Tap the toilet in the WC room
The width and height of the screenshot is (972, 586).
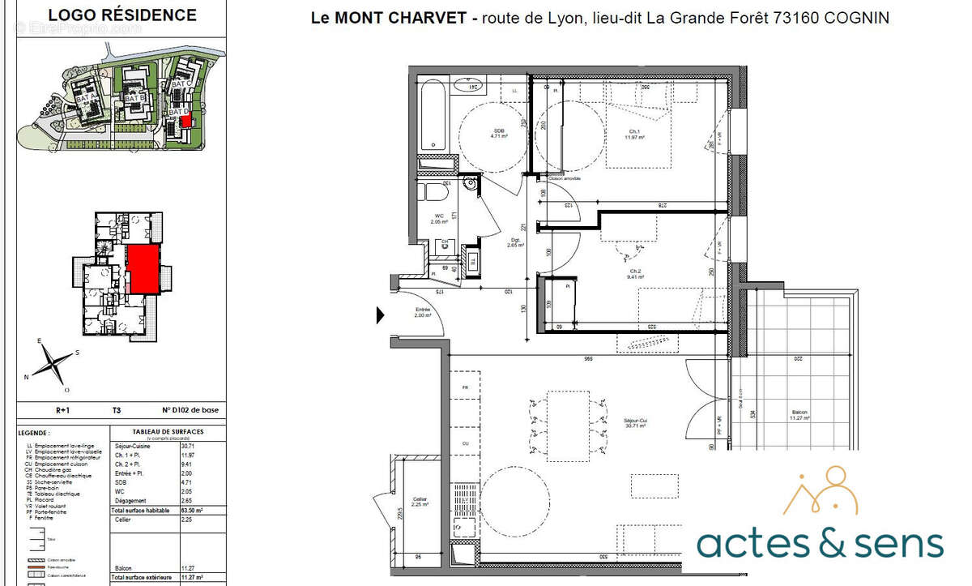click(436, 195)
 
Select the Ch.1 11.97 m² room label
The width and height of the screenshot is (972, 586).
click(633, 135)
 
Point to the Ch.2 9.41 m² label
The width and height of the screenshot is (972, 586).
click(635, 274)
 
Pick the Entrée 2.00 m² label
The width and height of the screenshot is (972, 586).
click(423, 313)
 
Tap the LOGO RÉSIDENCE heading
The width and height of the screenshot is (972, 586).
click(122, 15)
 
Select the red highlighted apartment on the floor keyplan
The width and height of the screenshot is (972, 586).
click(142, 269)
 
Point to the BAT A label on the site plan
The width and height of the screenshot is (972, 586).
click(85, 97)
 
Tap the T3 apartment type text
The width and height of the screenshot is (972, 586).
click(117, 411)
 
